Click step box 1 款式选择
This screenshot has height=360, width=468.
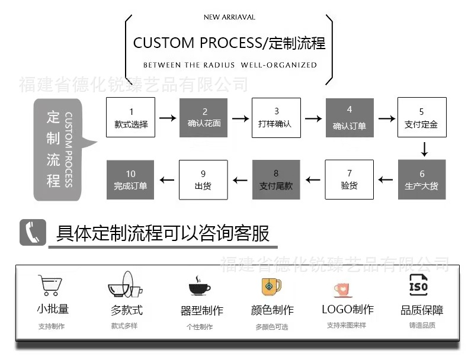[130, 117]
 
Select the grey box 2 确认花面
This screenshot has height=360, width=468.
[204, 117]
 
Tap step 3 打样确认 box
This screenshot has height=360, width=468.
[276, 117]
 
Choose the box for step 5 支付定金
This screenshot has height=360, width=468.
[421, 117]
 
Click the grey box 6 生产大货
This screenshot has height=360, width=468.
[421, 179]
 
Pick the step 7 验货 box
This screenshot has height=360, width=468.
[349, 179]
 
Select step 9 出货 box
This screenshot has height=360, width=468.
[203, 179]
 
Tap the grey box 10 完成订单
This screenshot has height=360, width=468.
[130, 179]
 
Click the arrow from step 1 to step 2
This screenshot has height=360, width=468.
[168, 118]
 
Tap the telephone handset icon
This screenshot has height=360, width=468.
[33, 232]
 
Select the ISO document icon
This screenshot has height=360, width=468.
[418, 285]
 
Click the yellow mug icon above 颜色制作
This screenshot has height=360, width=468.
[271, 286]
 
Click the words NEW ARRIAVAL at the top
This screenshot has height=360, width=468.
[229, 17]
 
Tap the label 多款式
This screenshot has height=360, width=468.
[126, 310]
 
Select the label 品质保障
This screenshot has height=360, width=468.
[422, 310]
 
